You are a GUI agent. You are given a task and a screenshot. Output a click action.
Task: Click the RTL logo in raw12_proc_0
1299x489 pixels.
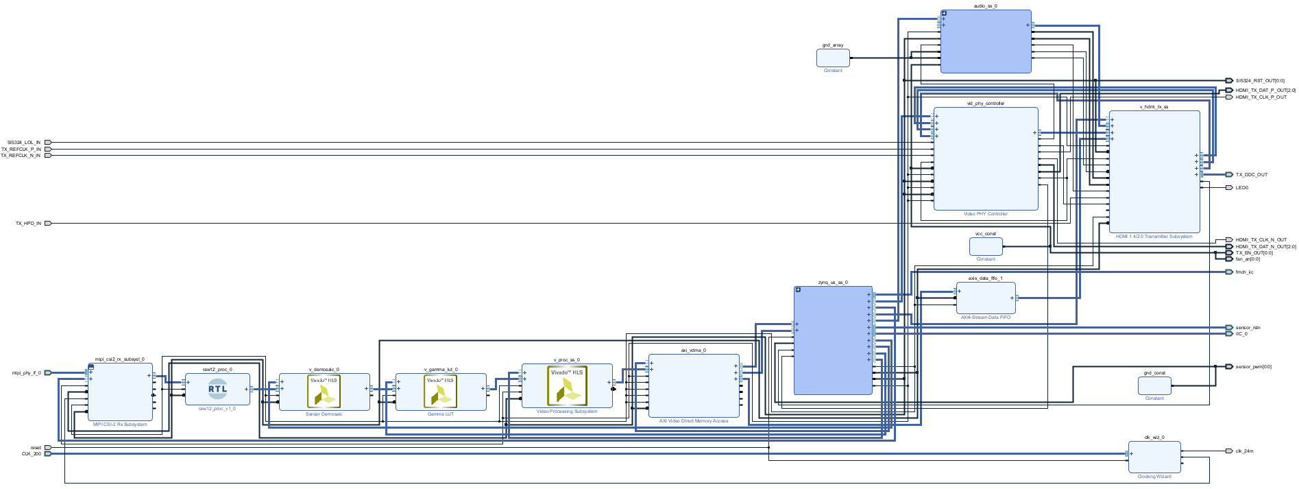pyautogui.click(x=217, y=389)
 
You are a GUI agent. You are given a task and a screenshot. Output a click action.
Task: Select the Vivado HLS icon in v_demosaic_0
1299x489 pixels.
pyautogui.click(x=324, y=392)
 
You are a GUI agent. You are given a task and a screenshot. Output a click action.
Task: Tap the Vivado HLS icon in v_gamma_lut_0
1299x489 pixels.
pyautogui.click(x=440, y=392)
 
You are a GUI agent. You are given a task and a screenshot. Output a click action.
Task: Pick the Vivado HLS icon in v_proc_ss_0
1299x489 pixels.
pyautogui.click(x=567, y=385)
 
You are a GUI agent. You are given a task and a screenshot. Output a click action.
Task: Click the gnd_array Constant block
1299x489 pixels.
pyautogui.click(x=833, y=58)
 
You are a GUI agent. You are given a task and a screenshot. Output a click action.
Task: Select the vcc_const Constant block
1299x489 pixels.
pyautogui.click(x=986, y=246)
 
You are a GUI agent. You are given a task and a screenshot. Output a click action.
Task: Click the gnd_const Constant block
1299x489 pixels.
pyautogui.click(x=1154, y=385)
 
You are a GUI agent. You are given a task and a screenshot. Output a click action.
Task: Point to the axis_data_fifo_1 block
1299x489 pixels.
pyautogui.click(x=986, y=298)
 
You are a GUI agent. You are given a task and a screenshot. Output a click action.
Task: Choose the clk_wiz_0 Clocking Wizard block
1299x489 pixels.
pyautogui.click(x=1154, y=457)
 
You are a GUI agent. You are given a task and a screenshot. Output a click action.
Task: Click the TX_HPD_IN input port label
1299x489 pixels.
pyautogui.click(x=28, y=224)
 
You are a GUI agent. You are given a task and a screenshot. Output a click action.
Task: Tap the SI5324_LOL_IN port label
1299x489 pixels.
pyautogui.click(x=24, y=143)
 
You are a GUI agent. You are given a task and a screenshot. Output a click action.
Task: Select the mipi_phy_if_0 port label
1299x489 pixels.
pyautogui.click(x=27, y=373)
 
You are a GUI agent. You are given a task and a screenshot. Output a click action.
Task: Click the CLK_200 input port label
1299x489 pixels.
pyautogui.click(x=32, y=454)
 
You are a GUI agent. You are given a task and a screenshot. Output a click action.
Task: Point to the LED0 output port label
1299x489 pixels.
pyautogui.click(x=1242, y=188)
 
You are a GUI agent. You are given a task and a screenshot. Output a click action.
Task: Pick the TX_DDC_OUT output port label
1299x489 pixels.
pyautogui.click(x=1252, y=175)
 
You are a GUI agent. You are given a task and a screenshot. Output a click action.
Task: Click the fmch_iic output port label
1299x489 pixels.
pyautogui.click(x=1245, y=272)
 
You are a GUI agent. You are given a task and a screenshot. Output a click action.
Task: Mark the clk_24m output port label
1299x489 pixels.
pyautogui.click(x=1245, y=451)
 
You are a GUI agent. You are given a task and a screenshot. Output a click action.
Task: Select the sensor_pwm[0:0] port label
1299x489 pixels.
pyautogui.click(x=1254, y=367)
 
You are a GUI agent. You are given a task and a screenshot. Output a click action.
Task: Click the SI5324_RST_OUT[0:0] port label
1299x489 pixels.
pyautogui.click(x=1260, y=81)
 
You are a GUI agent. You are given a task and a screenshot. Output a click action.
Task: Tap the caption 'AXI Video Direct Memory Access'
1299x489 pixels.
pyautogui.click(x=694, y=421)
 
